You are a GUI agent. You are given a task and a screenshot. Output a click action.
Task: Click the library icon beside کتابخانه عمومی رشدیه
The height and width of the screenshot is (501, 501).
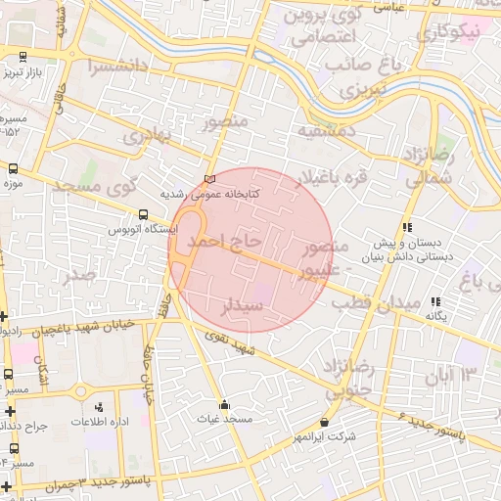(208, 179)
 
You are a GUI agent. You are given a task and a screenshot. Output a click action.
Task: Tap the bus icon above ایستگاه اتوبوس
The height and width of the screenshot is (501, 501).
(144, 214)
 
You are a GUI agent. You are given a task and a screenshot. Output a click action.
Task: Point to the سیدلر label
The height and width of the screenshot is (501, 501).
(244, 306)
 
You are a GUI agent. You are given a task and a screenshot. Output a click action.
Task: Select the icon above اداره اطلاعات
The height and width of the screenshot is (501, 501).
(97, 407)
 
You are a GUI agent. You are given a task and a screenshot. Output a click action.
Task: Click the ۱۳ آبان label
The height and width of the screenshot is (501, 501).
(452, 375)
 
